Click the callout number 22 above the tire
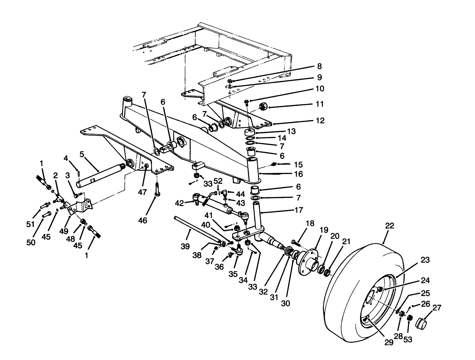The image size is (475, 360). coord(390,226)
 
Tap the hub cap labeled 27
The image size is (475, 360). coord(421,323)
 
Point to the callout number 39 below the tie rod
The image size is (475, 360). coord(185,246)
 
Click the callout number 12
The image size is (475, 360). coord(320,120)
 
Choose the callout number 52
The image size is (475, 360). coord(218,181)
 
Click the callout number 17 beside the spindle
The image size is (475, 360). coord(299,210)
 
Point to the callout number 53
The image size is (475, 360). coord(408,340)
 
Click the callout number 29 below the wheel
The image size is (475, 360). coord(389,342)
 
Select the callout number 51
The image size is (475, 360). coord(30,224)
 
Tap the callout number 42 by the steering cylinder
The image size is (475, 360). coord(179,203)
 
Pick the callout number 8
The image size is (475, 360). coord(319,66)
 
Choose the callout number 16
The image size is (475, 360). coord(299,174)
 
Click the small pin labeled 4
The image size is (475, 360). coord(79,173)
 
